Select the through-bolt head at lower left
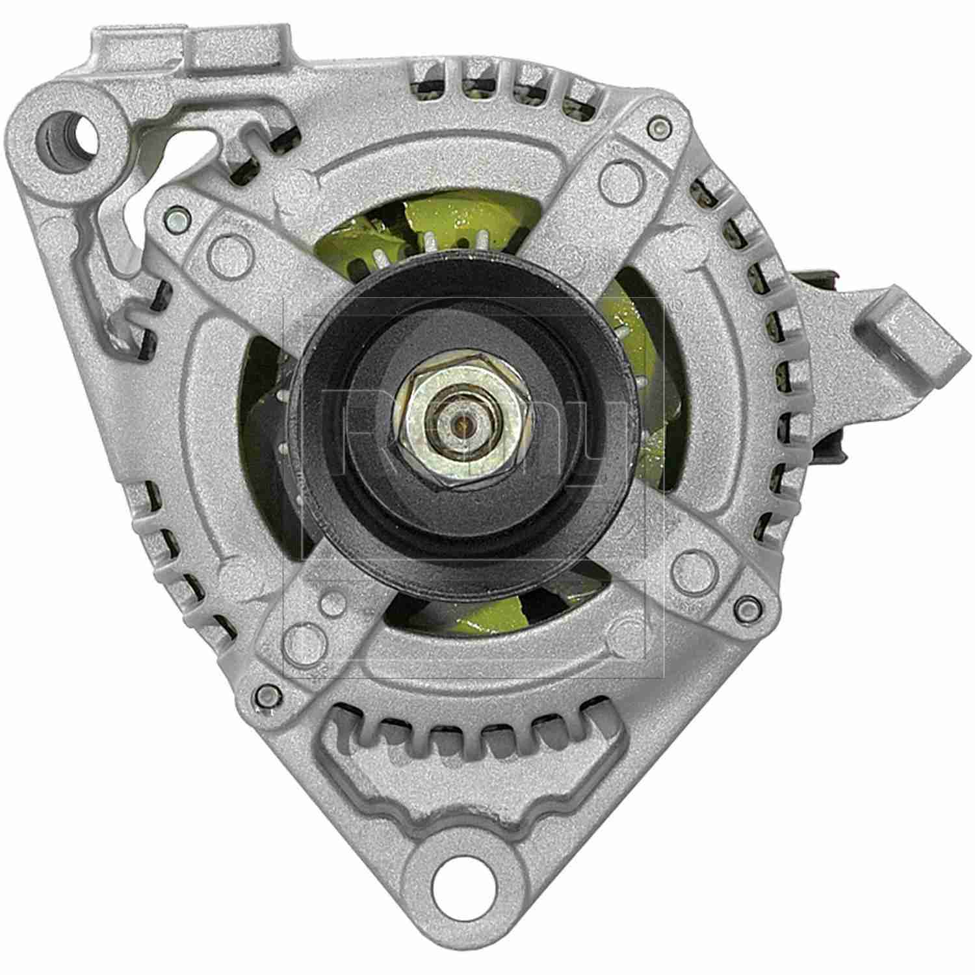click(265, 697)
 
